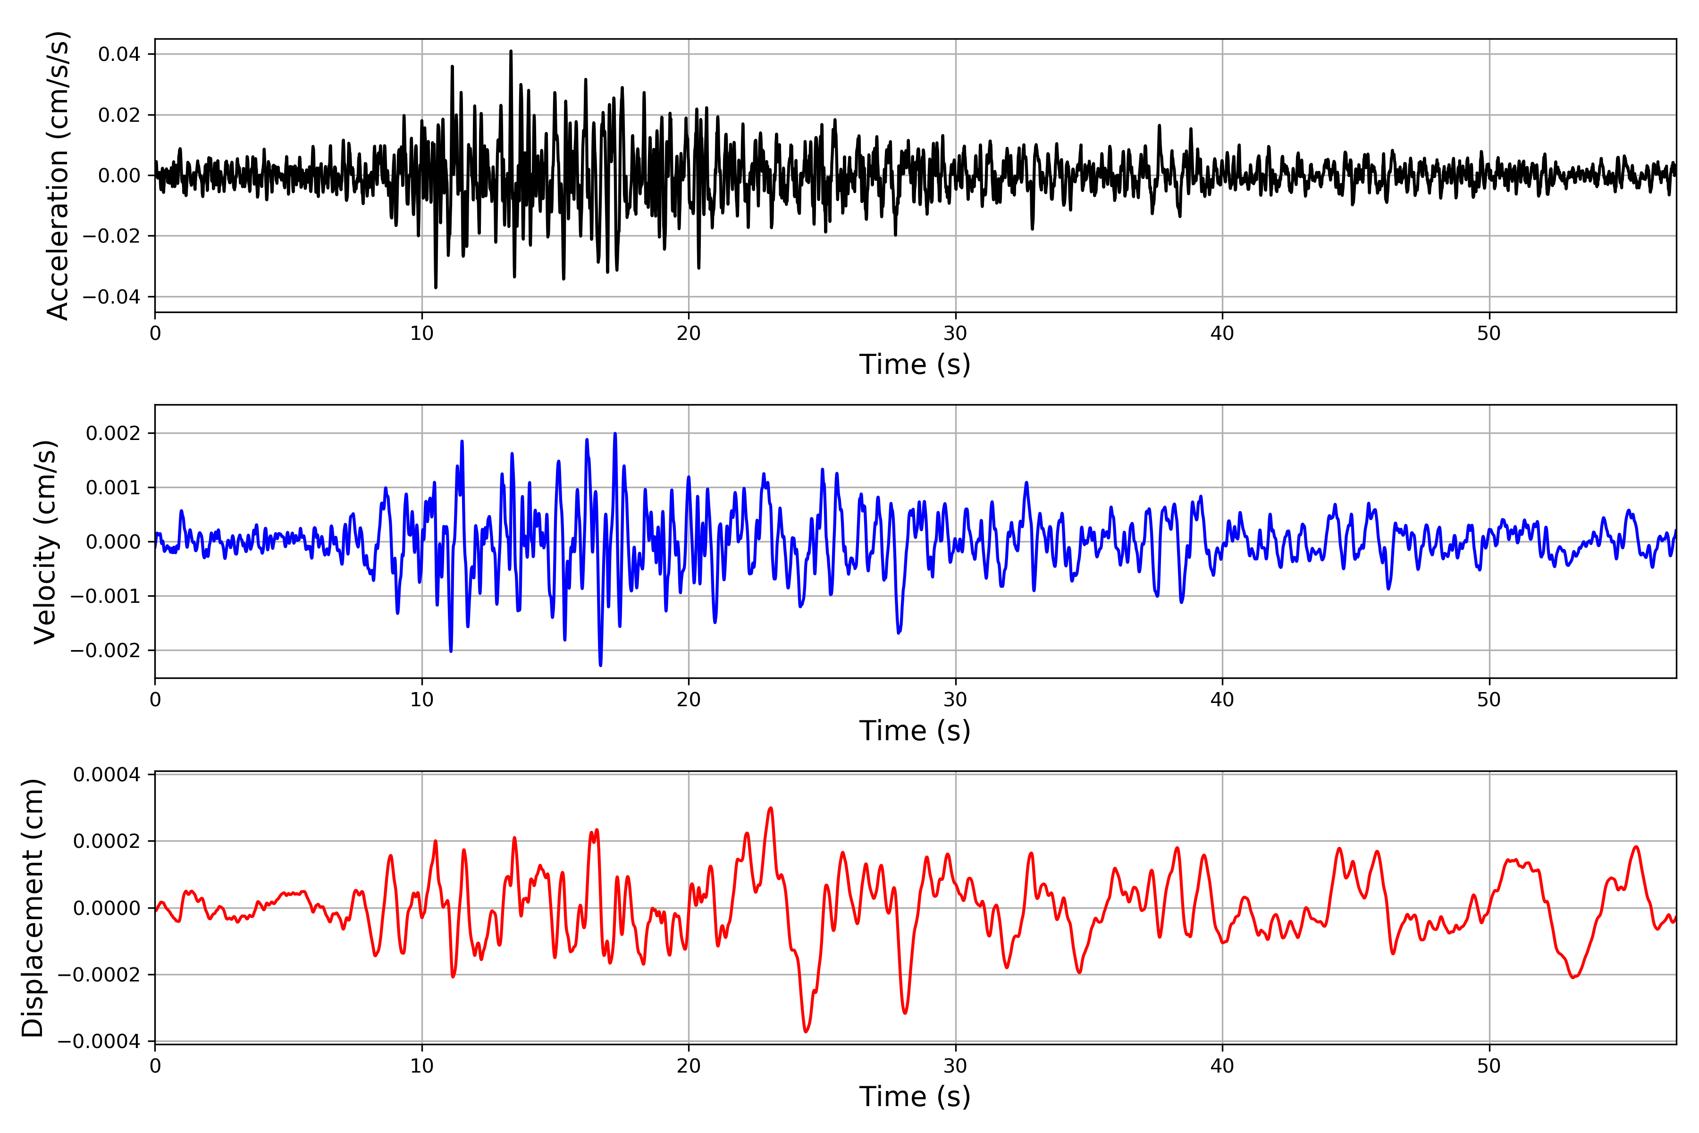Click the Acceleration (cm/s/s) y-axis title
click(57, 176)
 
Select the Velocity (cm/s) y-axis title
click(45, 542)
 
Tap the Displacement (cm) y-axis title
click(33, 908)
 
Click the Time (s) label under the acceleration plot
click(915, 364)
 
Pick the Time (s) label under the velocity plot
click(915, 730)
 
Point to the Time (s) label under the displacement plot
click(915, 1097)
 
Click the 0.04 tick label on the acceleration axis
click(119, 54)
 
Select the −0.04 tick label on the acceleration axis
click(111, 297)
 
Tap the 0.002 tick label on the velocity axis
click(113, 433)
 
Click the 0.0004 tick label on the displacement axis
click(107, 775)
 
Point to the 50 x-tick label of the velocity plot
click(1489, 700)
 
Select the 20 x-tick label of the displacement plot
click(689, 1066)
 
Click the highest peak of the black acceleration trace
click(511, 51)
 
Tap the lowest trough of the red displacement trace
click(806, 1031)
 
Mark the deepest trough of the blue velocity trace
click(600, 665)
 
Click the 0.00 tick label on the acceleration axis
click(119, 176)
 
